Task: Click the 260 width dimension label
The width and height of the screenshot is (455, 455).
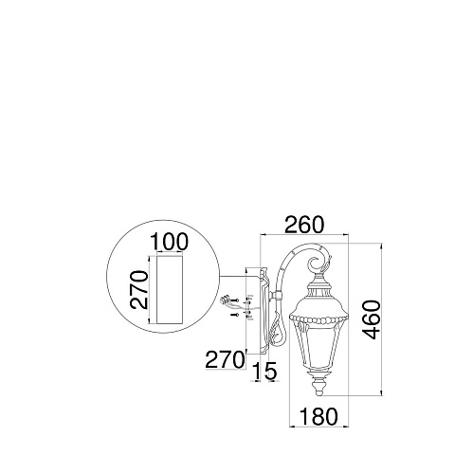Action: [x=304, y=225]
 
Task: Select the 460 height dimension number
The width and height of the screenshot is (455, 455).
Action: [x=372, y=319]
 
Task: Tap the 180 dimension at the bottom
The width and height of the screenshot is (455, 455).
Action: [x=318, y=416]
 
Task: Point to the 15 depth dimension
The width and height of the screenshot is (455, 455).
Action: [x=264, y=371]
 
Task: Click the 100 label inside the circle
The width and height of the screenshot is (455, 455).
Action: [x=169, y=242]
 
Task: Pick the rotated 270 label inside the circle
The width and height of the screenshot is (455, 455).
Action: [x=139, y=289]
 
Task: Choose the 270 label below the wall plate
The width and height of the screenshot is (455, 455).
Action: [x=225, y=360]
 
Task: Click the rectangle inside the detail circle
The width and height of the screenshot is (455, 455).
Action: [x=170, y=289]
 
